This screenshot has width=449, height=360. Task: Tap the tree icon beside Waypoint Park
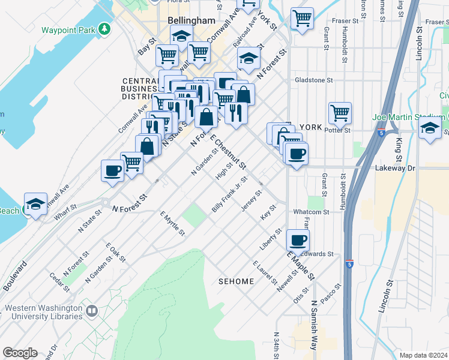pos(105,29)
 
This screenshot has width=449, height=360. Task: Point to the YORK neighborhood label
pos(310,127)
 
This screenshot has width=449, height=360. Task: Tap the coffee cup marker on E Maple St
pos(298,241)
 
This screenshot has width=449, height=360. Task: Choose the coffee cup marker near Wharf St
pos(112,170)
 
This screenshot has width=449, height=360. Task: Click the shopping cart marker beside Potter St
pos(340,112)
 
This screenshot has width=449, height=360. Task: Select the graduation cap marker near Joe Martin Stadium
pos(430,128)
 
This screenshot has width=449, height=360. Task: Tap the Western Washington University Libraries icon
pos(91,311)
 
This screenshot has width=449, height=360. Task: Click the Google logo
pos(20,353)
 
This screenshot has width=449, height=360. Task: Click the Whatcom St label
pos(312,212)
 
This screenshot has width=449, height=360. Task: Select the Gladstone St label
pos(313,80)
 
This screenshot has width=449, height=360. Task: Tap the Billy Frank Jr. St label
pos(229,194)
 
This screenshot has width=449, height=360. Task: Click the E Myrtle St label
pos(172,224)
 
